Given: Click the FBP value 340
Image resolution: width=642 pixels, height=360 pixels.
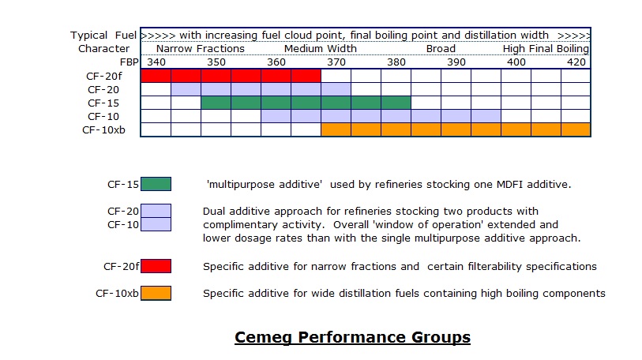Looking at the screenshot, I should coord(156,62).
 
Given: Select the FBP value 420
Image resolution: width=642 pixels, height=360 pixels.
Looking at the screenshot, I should coord(576,62).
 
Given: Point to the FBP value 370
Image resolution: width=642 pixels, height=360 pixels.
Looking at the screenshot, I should coord(336,62).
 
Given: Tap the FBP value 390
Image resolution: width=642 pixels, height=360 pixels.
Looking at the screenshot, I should coord(456,62).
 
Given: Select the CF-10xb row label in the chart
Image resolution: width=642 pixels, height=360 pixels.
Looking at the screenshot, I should coord(103,129).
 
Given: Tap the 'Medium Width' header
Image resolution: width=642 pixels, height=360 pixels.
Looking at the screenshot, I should coord(321,49).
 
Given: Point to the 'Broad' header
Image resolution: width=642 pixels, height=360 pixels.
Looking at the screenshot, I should coord(441,49).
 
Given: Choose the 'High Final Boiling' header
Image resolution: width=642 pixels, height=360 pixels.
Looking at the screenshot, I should coord(546,49).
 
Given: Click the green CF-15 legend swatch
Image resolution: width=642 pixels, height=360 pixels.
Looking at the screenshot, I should coord(156,185).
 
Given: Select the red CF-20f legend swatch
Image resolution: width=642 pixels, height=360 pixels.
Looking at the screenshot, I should coord(156,266).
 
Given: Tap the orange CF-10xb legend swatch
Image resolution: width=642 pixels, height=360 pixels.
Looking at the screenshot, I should coord(156,294).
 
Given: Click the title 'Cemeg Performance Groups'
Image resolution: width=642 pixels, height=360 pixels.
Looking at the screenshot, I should coord(352,338).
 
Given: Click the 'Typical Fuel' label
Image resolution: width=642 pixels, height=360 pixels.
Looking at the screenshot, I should coord(103,36).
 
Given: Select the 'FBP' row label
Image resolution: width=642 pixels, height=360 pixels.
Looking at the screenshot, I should coord(129,62).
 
